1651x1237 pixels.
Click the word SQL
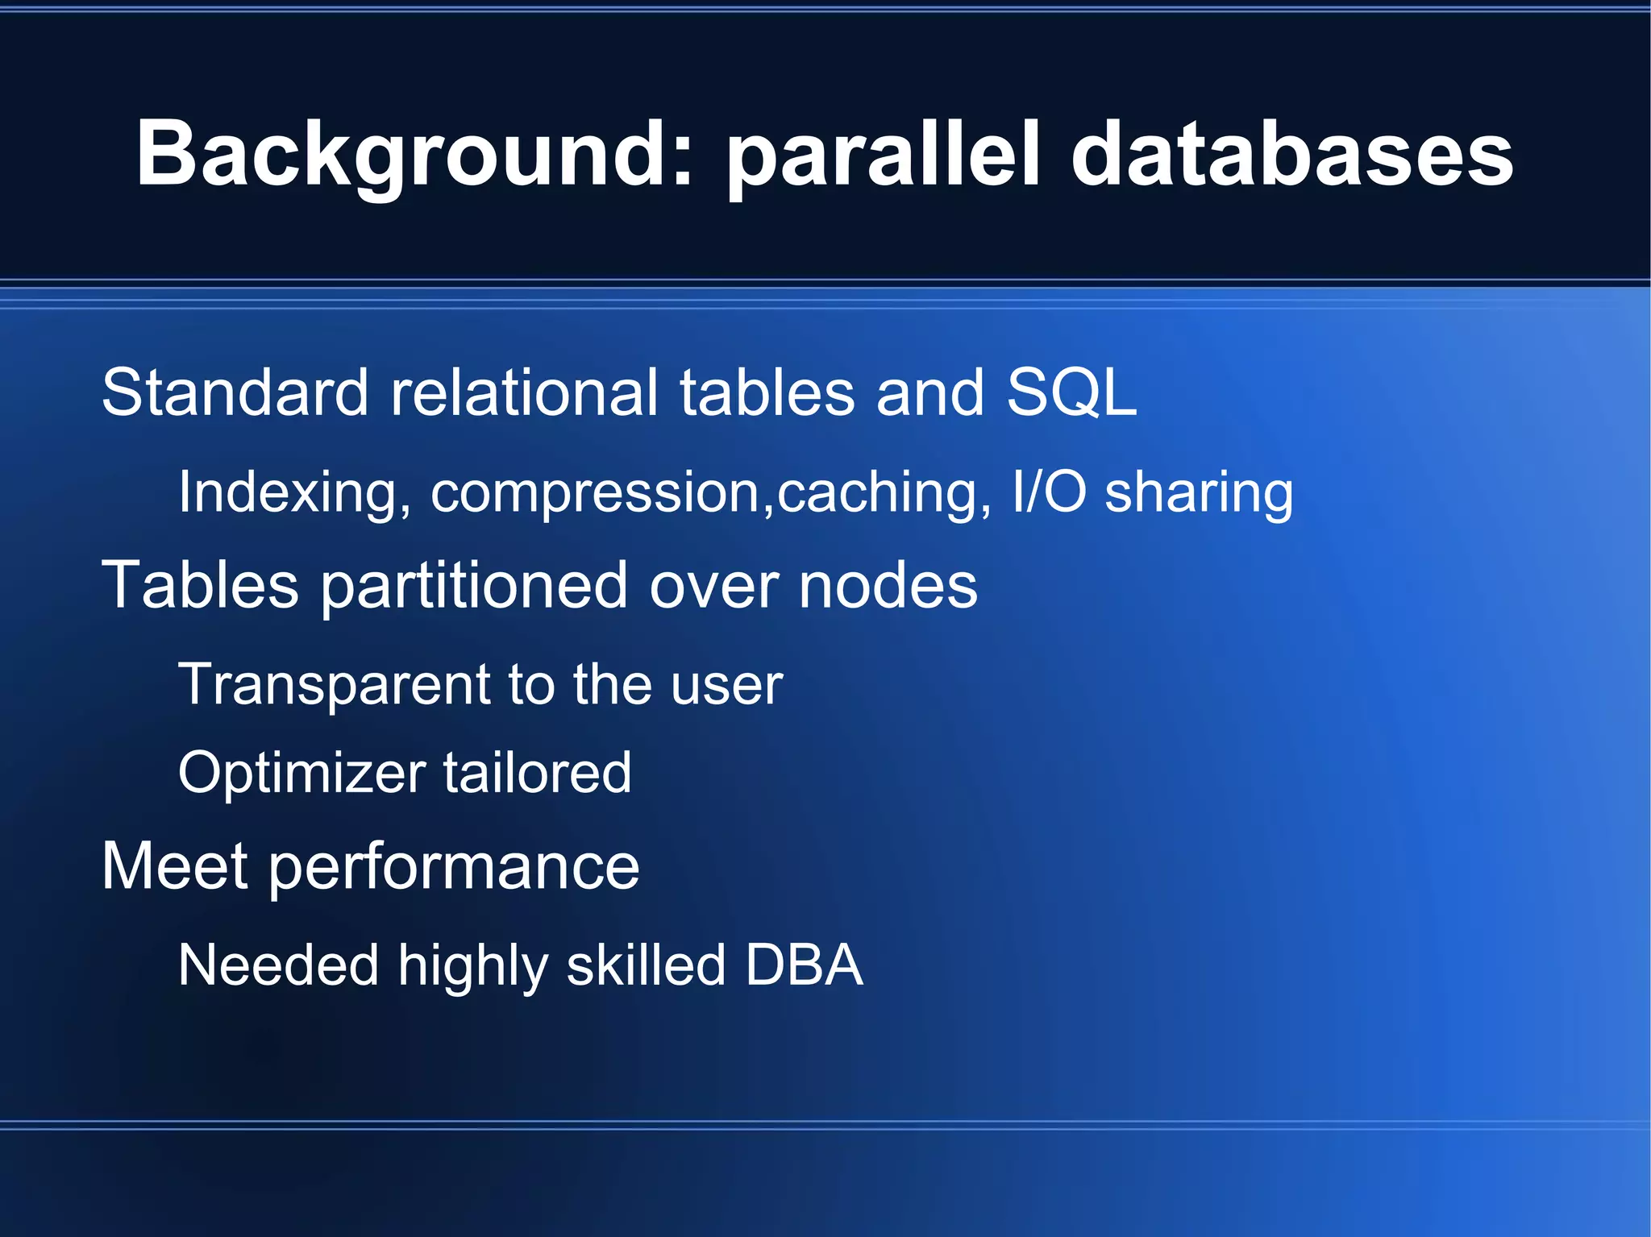[x=1071, y=392]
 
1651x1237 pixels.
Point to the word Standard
[x=235, y=392]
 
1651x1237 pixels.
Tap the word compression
[x=595, y=493]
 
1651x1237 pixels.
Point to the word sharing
[x=1198, y=493]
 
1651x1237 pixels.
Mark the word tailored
[x=537, y=772]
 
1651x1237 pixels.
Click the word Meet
[x=175, y=866]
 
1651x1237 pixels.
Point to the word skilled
[x=646, y=965]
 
